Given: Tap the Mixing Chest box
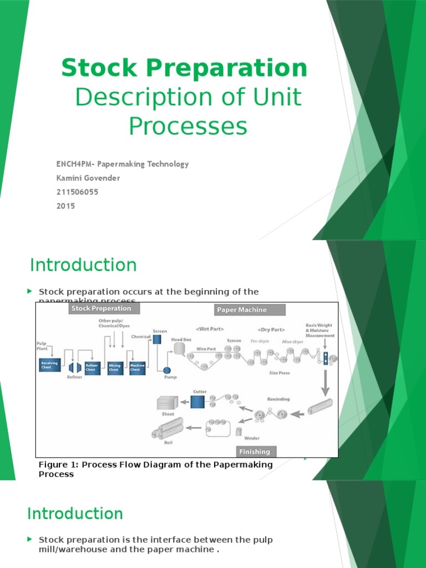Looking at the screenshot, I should coord(115,367).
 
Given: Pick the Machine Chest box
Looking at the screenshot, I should coord(136,367).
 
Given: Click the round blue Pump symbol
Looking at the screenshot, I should coord(167,370).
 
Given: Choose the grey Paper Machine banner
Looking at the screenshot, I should coord(250,310).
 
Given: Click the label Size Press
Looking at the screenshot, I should coord(280,373).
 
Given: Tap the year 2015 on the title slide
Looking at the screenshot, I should coord(65,206).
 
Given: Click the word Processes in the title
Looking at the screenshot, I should coord(188,126).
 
